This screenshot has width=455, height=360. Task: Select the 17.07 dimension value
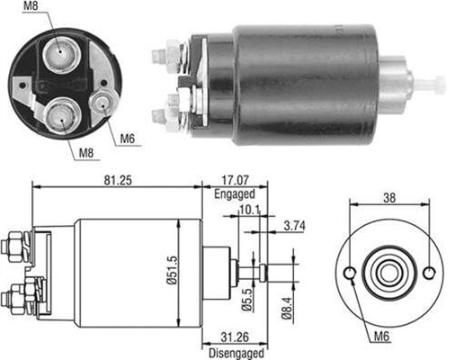click(235, 180)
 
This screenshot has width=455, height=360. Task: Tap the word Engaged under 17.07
click(236, 193)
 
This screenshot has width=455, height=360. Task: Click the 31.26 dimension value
click(235, 338)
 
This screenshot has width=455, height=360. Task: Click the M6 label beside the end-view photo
click(129, 140)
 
